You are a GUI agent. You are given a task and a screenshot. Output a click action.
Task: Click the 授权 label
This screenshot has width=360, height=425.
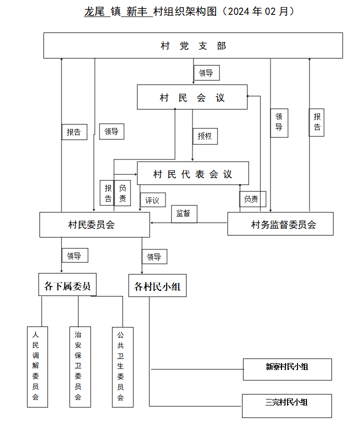(205, 136)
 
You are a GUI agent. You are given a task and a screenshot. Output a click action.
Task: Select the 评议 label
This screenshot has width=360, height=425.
(153, 200)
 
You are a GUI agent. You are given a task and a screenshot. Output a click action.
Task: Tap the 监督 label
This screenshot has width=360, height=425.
(184, 214)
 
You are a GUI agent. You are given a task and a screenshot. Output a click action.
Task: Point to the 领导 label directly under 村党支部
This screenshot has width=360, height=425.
(206, 72)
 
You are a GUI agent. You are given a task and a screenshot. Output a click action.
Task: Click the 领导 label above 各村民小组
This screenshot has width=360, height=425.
(154, 256)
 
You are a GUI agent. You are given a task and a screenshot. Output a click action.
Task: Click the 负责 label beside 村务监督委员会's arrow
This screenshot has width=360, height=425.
(252, 199)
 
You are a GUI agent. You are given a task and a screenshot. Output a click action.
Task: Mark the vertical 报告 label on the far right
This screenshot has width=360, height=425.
(316, 122)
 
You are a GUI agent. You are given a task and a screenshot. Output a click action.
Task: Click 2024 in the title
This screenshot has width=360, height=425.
(238, 11)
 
